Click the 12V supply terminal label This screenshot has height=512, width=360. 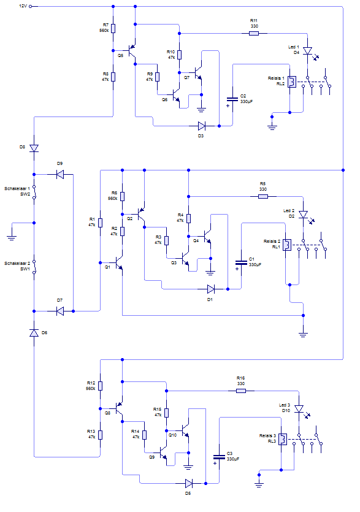tap(23, 6)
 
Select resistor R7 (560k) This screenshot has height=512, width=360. tap(113, 28)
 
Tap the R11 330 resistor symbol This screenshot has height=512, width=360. tap(254, 33)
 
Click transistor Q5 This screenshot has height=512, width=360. tap(132, 51)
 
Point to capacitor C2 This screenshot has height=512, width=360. tap(232, 99)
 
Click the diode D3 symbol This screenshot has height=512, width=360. tap(202, 126)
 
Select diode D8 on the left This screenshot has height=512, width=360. tap(34, 148)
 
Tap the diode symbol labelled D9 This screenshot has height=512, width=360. tap(60, 174)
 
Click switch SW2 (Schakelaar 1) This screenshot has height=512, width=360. tap(34, 192)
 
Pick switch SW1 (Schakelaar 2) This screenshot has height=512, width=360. tap(34, 267)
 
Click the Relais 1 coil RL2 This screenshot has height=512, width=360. tap(292, 82)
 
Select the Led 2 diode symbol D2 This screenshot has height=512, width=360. tap(304, 215)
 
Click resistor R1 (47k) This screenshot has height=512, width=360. tap(101, 223)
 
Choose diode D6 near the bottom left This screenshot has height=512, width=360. tap(34, 333)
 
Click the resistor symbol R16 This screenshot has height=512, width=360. tap(241, 391)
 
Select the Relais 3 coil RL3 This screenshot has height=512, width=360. tap(283, 439)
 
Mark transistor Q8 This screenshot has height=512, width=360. tap(119, 409)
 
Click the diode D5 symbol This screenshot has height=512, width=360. tap(188, 483)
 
